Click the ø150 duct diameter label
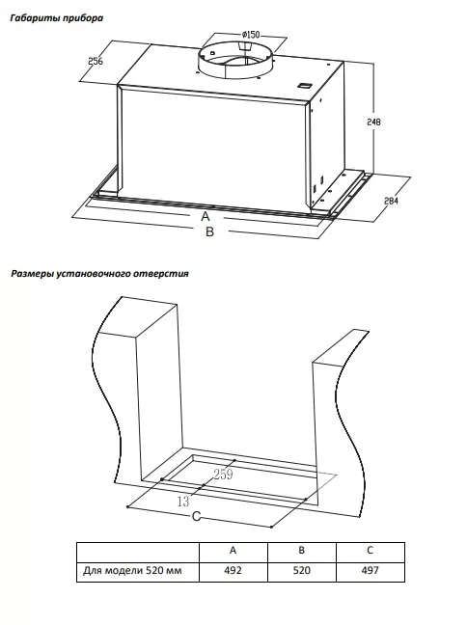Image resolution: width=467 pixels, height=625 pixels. [251, 35]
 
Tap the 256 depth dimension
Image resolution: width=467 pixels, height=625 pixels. [96, 61]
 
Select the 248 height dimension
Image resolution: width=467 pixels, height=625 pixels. [373, 122]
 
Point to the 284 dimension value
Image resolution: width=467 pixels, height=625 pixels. [391, 201]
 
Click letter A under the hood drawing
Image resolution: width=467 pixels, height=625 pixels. [205, 216]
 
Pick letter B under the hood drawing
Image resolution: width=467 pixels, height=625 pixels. [209, 231]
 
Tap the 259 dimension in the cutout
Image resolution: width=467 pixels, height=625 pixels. [223, 475]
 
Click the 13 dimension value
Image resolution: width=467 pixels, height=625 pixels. [183, 502]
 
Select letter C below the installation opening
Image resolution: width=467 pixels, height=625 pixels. [196, 516]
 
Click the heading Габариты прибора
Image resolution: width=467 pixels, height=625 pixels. [57, 18]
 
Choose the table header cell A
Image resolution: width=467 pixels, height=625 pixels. [233, 550]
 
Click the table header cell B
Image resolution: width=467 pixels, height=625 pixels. [301, 550]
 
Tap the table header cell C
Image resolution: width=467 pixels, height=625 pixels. [371, 550]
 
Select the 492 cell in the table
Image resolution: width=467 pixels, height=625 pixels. [233, 570]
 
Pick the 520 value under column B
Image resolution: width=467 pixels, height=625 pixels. [301, 570]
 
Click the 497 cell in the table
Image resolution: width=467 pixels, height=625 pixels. [371, 570]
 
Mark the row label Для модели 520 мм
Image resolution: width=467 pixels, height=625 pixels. [132, 570]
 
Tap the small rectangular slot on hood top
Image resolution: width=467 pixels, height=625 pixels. [305, 85]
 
